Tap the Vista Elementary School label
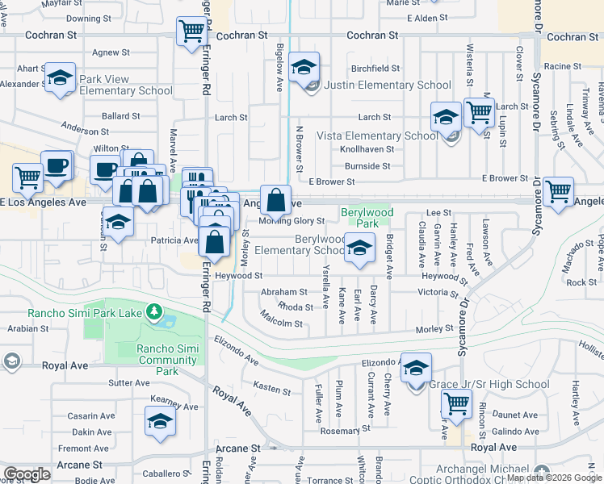tap(377, 136)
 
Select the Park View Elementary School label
tap(125, 86)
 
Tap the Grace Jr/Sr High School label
tap(489, 385)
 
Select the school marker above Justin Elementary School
tap(304, 67)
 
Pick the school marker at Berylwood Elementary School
tap(359, 248)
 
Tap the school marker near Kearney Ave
tap(160, 421)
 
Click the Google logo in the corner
tap(27, 474)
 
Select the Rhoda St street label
tap(295, 307)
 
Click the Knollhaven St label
tap(367, 149)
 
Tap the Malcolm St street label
tap(281, 324)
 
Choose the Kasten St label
tap(272, 390)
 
